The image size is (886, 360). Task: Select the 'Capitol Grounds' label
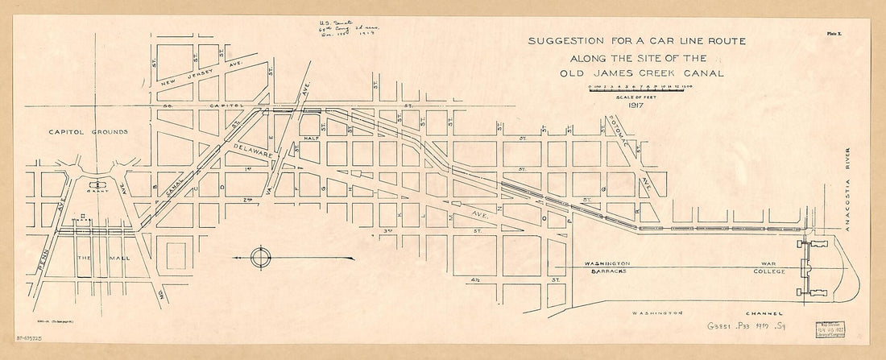coord(77,130)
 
